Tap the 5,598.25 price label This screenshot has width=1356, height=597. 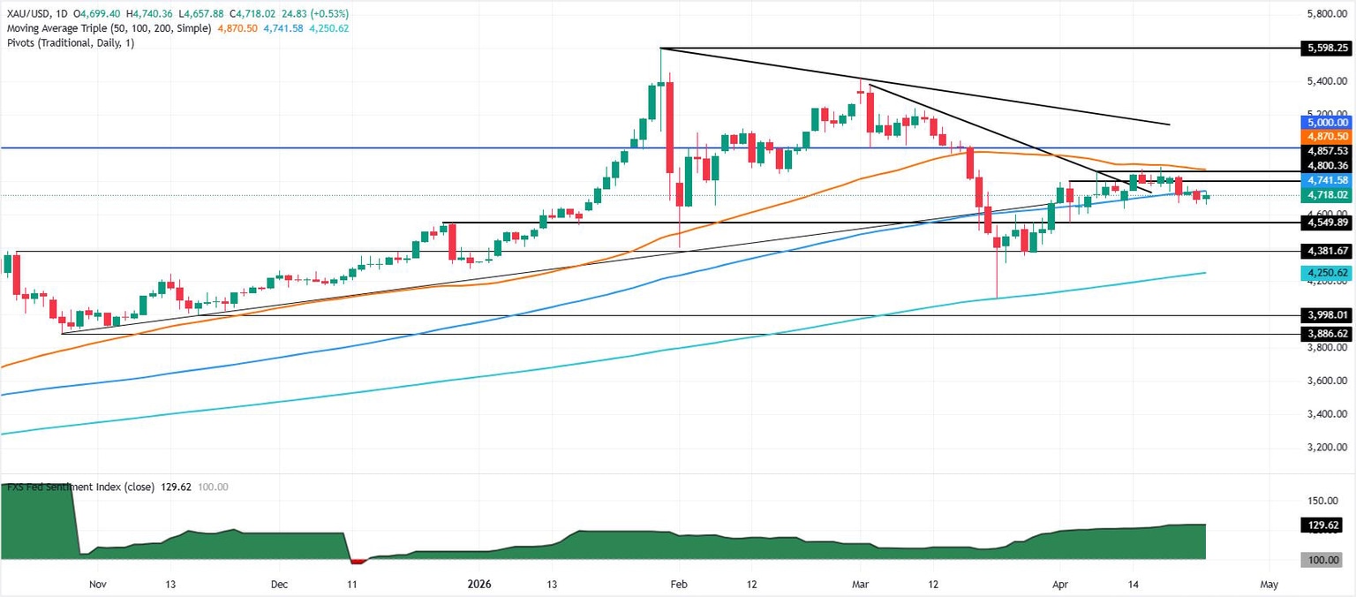(1326, 48)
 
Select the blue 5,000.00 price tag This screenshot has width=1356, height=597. (1326, 122)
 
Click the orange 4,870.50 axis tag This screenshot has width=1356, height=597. (1326, 137)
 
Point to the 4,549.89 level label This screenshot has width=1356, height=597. (1326, 223)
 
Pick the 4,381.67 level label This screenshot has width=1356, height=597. (1326, 252)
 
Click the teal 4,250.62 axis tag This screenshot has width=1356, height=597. (1326, 273)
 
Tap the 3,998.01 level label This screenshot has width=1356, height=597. (1326, 315)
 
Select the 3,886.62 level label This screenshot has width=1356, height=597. (1326, 335)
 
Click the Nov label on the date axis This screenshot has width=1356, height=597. (98, 585)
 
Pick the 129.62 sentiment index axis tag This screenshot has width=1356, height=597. (1326, 525)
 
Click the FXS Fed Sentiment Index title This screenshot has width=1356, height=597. (80, 487)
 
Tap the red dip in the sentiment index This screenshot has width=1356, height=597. (358, 561)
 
